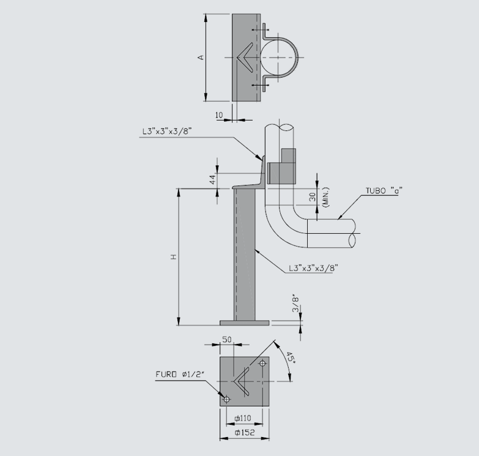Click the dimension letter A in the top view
tap(201, 58)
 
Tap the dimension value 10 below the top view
tap(219, 114)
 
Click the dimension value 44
tap(212, 179)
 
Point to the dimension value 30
tap(312, 198)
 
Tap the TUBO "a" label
tap(383, 190)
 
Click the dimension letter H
tap(174, 257)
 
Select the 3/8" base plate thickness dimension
tap(295, 305)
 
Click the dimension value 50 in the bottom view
tap(226, 339)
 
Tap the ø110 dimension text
tap(243, 418)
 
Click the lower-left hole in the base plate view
tap(226, 399)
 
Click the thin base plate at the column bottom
tap(244, 322)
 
